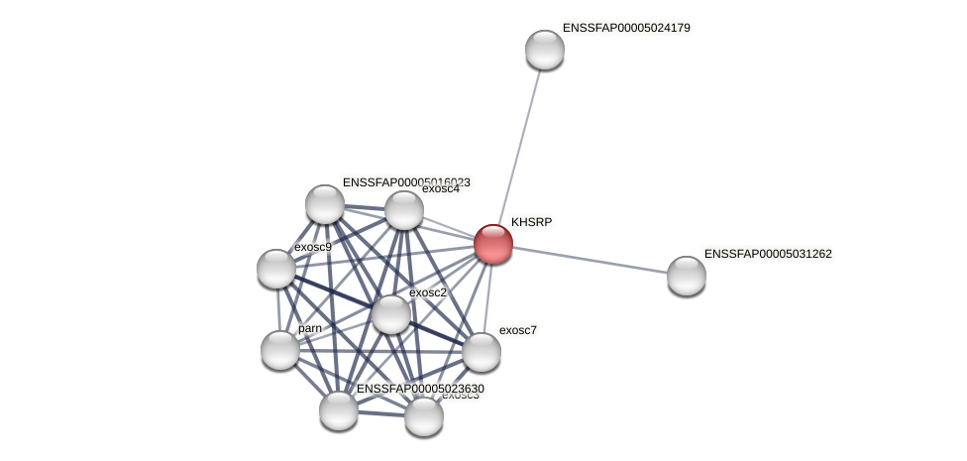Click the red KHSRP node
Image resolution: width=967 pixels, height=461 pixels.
493,244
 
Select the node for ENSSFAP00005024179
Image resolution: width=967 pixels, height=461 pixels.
545,50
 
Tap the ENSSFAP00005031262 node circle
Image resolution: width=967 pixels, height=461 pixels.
687,276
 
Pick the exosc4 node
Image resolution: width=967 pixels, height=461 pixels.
404,210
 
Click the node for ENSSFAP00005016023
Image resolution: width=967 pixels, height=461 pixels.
325,204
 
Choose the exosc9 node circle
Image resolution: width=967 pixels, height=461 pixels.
276,269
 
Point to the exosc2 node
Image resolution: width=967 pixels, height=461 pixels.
391,314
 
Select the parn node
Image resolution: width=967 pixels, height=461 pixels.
280,350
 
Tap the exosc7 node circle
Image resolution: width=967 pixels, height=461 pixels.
482,352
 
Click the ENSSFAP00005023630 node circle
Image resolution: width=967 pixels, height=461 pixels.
339,410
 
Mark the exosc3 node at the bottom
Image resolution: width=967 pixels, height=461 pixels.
424,416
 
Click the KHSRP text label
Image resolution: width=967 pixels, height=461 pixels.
531,222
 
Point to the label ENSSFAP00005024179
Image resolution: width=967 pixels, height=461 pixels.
626,28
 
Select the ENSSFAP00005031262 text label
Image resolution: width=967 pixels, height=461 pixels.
768,254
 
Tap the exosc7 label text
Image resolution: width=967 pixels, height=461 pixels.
517,330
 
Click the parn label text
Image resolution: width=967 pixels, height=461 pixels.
310,328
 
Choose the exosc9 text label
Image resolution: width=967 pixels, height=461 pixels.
313,247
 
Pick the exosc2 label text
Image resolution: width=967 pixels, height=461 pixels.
428,292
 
